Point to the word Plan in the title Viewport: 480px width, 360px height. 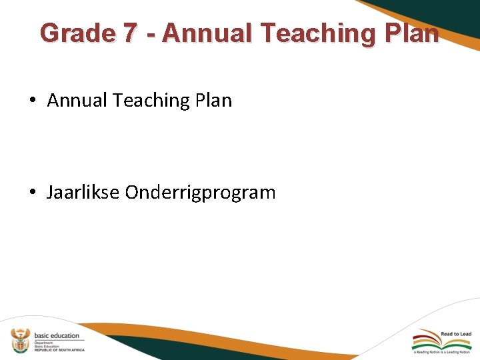[x=412, y=33]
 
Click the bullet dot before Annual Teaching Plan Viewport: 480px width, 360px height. [x=33, y=101]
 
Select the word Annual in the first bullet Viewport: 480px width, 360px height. [x=78, y=101]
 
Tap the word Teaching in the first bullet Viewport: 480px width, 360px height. [x=152, y=101]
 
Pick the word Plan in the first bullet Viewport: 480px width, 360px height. [x=214, y=101]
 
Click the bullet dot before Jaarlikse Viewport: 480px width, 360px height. [x=33, y=193]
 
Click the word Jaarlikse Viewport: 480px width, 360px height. [x=83, y=193]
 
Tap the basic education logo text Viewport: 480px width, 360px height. [x=57, y=335]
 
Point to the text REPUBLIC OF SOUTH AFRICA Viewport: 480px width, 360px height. [x=59, y=350]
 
